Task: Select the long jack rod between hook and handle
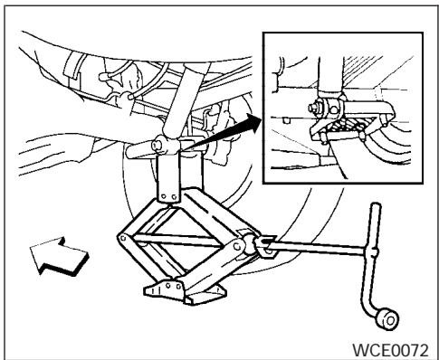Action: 317,242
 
